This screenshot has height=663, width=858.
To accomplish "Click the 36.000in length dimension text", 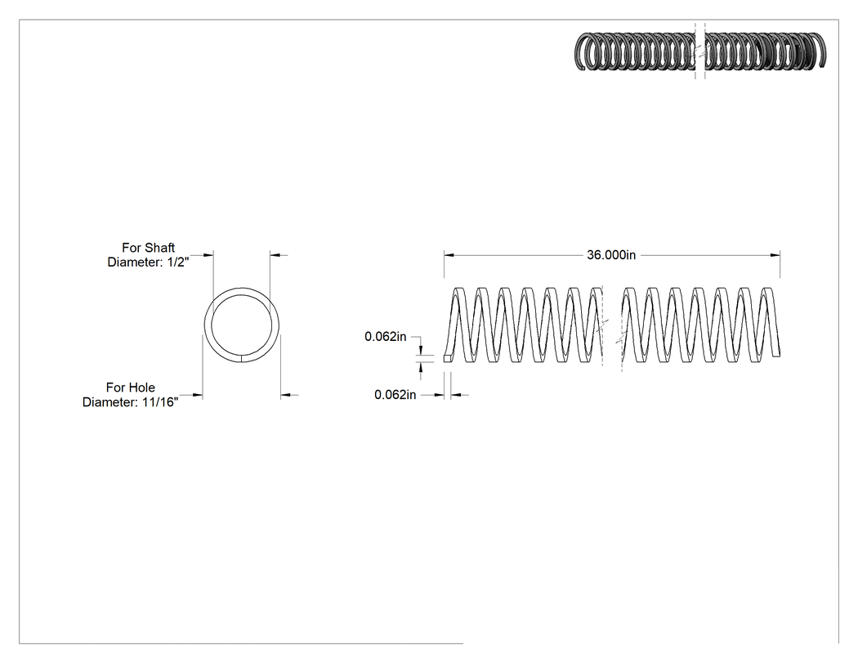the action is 611,255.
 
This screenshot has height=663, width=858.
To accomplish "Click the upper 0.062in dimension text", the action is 385,337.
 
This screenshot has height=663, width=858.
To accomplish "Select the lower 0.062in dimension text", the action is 395,395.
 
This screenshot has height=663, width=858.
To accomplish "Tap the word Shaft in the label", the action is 162,248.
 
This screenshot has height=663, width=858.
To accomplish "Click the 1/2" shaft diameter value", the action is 178,262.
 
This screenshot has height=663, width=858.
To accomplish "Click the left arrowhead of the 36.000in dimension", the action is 449,255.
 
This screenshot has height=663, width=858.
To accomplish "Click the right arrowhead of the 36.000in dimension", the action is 775,255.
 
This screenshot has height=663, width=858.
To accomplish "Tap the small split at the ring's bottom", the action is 241,359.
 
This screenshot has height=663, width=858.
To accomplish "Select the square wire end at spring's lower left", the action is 448,358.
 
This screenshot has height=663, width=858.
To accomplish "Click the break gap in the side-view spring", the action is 612,329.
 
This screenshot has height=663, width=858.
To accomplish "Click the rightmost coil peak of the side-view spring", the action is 769,291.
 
